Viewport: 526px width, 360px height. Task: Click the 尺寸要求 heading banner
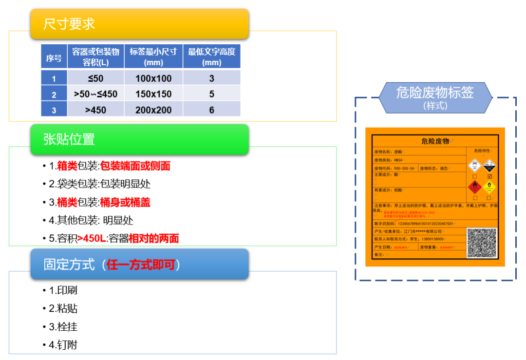(139, 24)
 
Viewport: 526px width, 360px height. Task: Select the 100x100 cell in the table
(153, 78)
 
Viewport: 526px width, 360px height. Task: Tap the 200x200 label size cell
(153, 110)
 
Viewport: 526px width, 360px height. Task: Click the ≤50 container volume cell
(95, 78)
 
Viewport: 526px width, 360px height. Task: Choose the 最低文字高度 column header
(211, 57)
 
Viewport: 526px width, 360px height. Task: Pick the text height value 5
(211, 94)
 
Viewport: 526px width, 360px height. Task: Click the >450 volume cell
(95, 110)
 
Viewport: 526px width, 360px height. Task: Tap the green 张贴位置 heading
(139, 140)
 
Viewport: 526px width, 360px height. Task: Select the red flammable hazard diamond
(474, 187)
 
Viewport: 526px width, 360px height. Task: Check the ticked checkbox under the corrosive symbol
(489, 176)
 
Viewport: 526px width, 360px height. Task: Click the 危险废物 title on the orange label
(435, 141)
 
